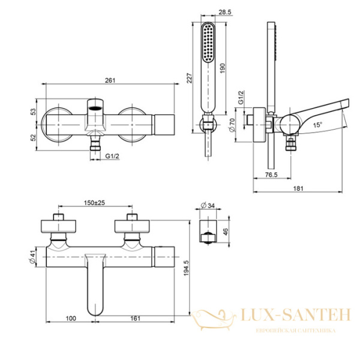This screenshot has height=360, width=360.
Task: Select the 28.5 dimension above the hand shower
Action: click(x=209, y=12)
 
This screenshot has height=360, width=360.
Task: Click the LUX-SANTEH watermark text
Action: click(x=288, y=313)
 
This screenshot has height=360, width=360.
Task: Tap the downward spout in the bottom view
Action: click(x=96, y=287)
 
